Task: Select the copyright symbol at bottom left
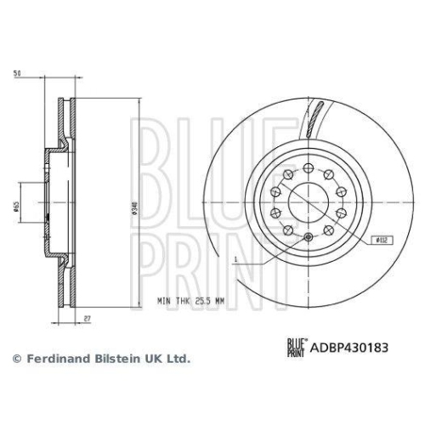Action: pyautogui.click(x=14, y=360)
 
